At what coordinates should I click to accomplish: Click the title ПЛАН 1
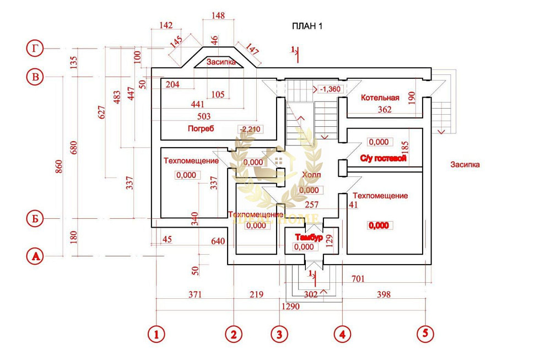pyautogui.click(x=306, y=26)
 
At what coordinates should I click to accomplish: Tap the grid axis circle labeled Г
pyautogui.click(x=35, y=49)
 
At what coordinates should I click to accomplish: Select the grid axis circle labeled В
pyautogui.click(x=35, y=77)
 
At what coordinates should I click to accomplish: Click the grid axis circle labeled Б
pyautogui.click(x=35, y=219)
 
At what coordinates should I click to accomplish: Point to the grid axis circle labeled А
pyautogui.click(x=35, y=256)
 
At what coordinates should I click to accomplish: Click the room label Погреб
pyautogui.click(x=201, y=128)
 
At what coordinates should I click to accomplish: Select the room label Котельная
pyautogui.click(x=380, y=98)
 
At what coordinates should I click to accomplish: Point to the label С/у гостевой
pyautogui.click(x=383, y=158)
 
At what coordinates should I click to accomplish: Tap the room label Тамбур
pyautogui.click(x=308, y=237)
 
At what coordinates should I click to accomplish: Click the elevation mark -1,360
pyautogui.click(x=331, y=89)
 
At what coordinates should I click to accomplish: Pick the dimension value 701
pyautogui.click(x=358, y=279)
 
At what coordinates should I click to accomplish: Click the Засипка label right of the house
pyautogui.click(x=464, y=164)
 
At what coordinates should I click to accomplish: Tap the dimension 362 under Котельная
pyautogui.click(x=384, y=110)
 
